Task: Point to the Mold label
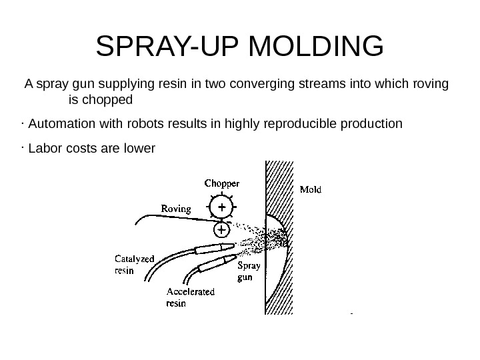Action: pos(310,189)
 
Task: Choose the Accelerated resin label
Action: pos(190,297)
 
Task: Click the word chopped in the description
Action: pos(111,101)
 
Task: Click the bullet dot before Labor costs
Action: pos(23,145)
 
